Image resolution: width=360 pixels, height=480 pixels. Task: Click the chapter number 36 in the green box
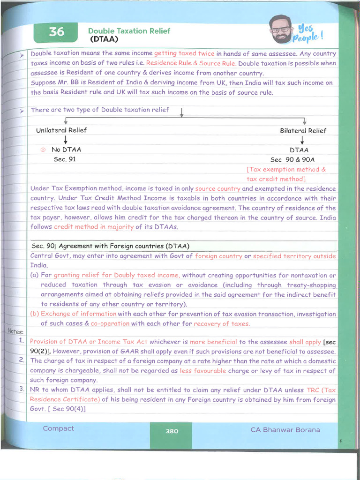point(57,31)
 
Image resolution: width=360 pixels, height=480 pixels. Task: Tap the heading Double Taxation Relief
point(129,31)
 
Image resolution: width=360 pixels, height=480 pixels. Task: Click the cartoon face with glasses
point(281,29)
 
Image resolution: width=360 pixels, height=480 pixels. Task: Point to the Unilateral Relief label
point(61,130)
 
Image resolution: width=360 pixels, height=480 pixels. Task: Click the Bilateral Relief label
point(303,131)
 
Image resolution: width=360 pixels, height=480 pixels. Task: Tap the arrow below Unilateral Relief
point(66,140)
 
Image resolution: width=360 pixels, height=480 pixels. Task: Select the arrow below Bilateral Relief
point(302,140)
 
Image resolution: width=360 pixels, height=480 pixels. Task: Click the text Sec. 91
point(65,159)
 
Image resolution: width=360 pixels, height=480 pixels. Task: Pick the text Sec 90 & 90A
point(292,160)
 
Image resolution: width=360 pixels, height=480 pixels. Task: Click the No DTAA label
point(66,150)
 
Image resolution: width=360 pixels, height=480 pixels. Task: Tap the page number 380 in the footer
point(172,431)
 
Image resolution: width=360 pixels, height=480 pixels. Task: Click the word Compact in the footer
point(58,428)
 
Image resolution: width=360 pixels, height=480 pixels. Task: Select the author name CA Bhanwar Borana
point(285,429)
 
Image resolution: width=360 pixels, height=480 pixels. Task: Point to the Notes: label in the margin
point(15,331)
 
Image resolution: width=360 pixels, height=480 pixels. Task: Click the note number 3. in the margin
point(22,389)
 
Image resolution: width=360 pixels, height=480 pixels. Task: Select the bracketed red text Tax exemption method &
point(286,169)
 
